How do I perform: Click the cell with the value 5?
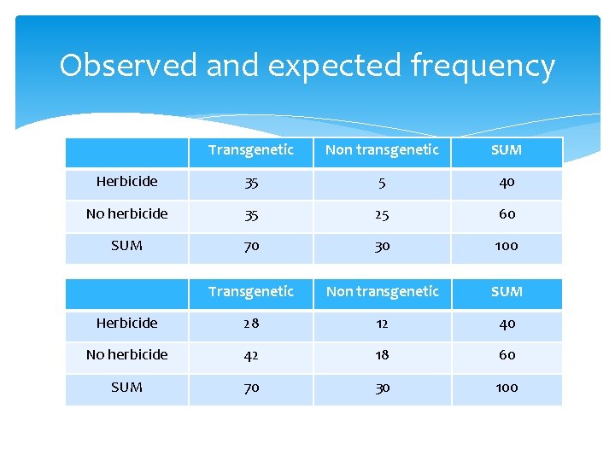click(382, 183)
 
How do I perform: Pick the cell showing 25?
click(382, 214)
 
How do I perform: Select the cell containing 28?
click(250, 324)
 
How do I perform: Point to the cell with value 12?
click(382, 324)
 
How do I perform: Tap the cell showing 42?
click(250, 355)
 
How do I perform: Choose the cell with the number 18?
click(382, 355)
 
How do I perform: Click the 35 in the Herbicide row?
click(250, 183)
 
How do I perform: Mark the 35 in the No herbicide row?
click(250, 214)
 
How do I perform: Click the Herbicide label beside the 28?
click(126, 323)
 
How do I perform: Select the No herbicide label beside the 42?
click(126, 354)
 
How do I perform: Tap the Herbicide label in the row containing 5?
click(126, 182)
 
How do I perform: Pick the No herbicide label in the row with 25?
click(126, 213)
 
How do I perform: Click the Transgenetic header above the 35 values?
click(250, 150)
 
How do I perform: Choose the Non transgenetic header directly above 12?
click(382, 292)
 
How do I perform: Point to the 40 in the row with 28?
click(507, 324)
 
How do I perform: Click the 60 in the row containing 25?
click(507, 214)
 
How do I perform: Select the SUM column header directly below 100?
click(507, 292)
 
